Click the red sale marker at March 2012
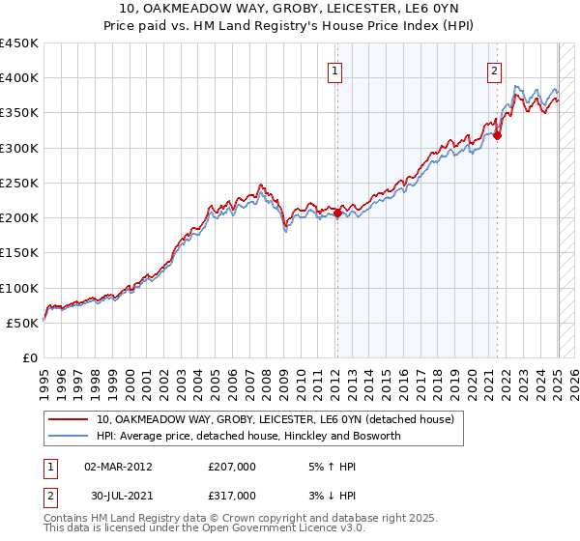(337, 214)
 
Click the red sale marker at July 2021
(498, 136)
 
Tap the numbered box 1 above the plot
(334, 70)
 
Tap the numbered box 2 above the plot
(494, 70)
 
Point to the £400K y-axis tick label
(19, 78)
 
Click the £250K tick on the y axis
(19, 183)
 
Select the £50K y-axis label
(23, 323)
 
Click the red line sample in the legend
(69, 420)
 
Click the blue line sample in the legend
(69, 437)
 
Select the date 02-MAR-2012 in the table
(118, 466)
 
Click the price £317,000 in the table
(231, 495)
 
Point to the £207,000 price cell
(231, 466)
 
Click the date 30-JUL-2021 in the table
(117, 495)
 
